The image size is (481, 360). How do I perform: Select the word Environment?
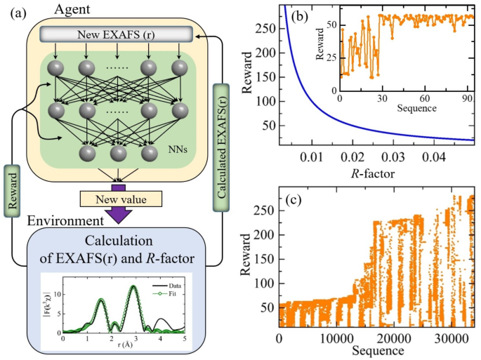pos(61,222)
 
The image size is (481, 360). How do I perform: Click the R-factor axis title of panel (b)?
pos(378,172)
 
